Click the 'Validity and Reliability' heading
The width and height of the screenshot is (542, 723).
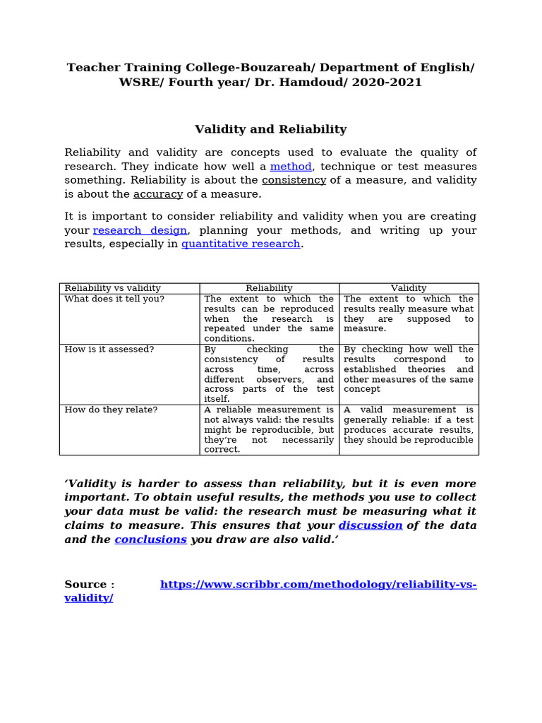point(270,129)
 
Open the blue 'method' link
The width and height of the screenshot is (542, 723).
point(290,167)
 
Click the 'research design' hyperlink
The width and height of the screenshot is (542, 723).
point(140,230)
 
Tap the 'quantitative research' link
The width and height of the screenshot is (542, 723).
point(241,244)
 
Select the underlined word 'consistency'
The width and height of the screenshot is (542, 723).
point(294,180)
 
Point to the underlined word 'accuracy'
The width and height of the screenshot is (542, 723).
point(158,194)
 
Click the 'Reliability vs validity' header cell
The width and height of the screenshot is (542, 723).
point(112,288)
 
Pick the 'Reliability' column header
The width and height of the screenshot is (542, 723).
point(269,288)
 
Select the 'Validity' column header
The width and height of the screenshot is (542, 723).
point(409,288)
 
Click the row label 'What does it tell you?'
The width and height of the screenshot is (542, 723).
point(114,299)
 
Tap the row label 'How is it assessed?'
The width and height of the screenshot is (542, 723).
point(109,349)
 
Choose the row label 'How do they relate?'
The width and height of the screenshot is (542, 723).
point(111,410)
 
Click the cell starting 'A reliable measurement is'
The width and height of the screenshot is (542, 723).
point(269,429)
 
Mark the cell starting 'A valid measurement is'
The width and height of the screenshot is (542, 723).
point(409,424)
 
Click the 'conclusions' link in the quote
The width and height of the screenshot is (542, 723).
point(150,539)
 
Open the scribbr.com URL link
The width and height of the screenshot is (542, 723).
point(318,585)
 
